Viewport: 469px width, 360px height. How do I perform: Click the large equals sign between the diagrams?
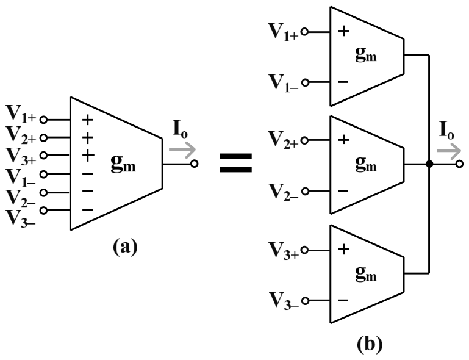pos(235,163)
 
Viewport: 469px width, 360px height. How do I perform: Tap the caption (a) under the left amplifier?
pos(125,247)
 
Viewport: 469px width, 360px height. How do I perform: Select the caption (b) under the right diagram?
pos(370,344)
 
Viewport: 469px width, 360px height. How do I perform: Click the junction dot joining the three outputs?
pos(429,164)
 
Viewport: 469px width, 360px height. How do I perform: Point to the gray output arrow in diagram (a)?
pos(182,150)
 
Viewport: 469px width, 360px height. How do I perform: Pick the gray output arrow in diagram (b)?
pos(449,151)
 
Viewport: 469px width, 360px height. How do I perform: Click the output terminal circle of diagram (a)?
pos(195,164)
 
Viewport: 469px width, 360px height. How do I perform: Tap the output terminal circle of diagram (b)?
pos(460,164)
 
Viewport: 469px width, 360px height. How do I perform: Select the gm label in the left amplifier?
pos(123,164)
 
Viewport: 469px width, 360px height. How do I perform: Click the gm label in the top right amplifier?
pos(366,54)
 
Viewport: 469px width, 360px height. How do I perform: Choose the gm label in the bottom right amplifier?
pos(366,274)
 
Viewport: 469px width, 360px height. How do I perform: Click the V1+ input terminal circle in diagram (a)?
pos(44,120)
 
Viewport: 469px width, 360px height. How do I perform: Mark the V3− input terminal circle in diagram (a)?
pos(44,211)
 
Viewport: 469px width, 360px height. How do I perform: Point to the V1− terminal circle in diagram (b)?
pos(305,82)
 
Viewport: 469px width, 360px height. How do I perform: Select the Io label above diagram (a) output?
pos(181,129)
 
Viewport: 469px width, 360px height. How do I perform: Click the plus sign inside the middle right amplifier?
pos(344,140)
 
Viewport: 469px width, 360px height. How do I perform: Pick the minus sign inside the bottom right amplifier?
pos(343,300)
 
